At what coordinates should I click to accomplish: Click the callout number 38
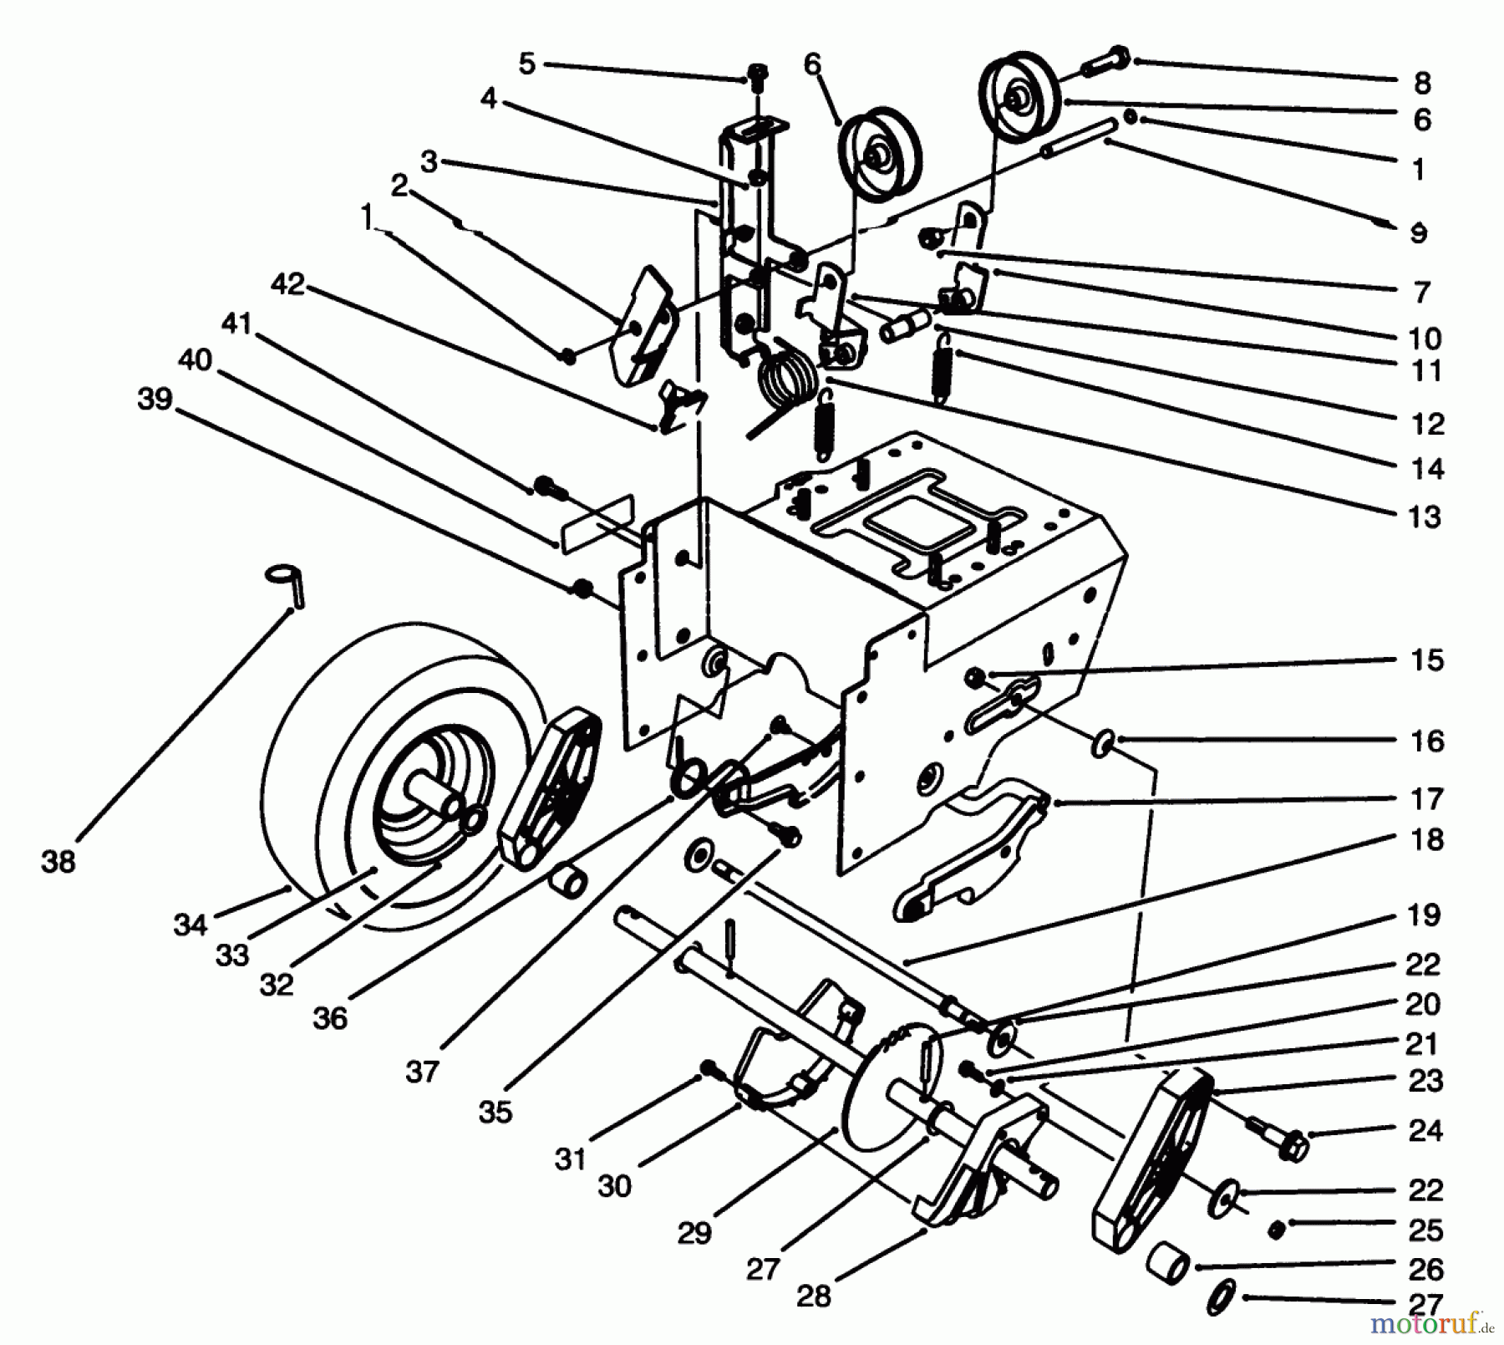coord(58,861)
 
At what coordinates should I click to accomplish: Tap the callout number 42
coord(287,284)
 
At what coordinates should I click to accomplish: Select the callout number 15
coord(1427,660)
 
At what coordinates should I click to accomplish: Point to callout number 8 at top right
coord(1422,83)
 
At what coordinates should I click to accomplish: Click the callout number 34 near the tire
coord(190,925)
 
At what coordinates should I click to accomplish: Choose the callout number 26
coord(1425,1269)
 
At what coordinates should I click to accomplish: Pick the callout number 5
coord(526,64)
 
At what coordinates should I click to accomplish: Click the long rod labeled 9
coord(1079,137)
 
